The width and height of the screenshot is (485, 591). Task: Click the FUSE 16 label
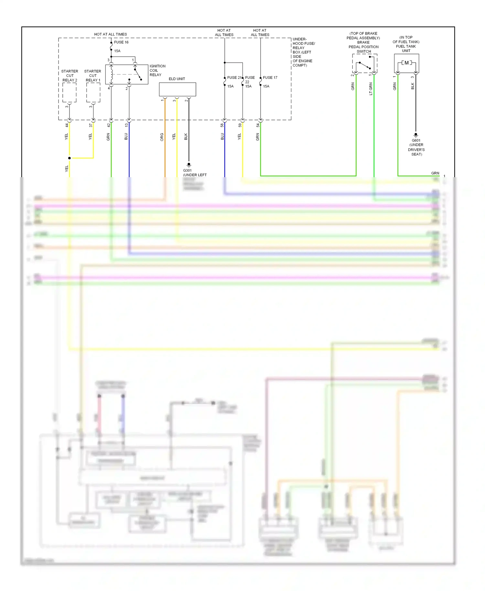point(121,42)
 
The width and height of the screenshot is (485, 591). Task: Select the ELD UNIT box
point(177,89)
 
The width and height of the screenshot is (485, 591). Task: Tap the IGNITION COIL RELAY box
point(126,74)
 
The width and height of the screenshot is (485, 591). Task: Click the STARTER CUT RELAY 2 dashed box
point(69,92)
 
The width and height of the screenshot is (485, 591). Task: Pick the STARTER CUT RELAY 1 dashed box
point(93,92)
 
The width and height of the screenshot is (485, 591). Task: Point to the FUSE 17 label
point(270,78)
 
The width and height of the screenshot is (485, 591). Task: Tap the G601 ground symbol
point(416,135)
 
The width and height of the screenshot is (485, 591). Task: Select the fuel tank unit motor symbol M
point(406,63)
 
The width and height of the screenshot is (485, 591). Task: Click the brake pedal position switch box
point(364,63)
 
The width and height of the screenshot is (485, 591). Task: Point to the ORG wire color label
point(162,137)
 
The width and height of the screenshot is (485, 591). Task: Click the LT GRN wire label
point(371,89)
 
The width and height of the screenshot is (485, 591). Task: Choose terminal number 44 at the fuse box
point(67,125)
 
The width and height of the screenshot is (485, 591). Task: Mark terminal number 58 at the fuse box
point(222,125)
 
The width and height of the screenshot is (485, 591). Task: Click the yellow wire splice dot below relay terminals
point(70,158)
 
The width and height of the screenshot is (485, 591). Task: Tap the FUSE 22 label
point(250,80)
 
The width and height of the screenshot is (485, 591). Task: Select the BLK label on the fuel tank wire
point(413,86)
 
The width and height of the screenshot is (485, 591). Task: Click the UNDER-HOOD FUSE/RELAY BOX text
point(303,52)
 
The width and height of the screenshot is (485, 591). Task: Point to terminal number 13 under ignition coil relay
point(126,125)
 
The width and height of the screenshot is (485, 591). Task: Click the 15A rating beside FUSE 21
point(230,86)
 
